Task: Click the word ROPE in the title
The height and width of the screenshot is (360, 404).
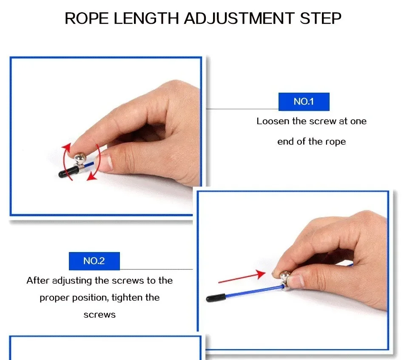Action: [x=86, y=18]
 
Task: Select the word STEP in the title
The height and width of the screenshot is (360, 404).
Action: [x=320, y=18]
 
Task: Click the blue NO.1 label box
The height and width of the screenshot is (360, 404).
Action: [x=304, y=102]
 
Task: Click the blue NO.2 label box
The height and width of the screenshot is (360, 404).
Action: [x=94, y=261]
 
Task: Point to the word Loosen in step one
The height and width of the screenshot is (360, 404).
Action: [x=273, y=121]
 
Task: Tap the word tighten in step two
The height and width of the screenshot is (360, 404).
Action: [x=127, y=298]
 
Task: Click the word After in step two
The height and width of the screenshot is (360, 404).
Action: [x=38, y=281]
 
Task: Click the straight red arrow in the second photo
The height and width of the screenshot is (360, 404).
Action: [x=242, y=277]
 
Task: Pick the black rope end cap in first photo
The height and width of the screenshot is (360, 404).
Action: [x=68, y=172]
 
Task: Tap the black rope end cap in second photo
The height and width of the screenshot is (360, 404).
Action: [x=216, y=298]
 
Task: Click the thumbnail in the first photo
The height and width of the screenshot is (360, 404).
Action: [x=106, y=162]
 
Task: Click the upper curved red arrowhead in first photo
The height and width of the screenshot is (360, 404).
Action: [x=66, y=148]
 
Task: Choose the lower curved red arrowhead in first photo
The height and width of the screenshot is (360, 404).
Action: [x=91, y=177]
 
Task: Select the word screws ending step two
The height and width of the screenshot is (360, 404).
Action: [x=100, y=315]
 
